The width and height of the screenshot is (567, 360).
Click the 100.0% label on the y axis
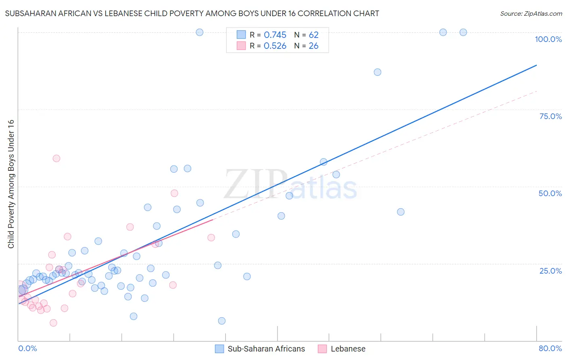pos(548,39)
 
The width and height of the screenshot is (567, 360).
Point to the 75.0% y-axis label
pos(550,116)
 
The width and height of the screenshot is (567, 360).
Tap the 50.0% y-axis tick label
pos(550,193)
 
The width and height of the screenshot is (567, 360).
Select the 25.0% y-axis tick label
pos(550,270)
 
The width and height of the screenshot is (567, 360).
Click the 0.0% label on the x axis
pos(27,348)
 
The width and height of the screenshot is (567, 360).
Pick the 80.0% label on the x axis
pos(550,348)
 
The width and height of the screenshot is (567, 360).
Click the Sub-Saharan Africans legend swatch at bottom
pos(219,349)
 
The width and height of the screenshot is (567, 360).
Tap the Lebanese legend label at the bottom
pos(348,349)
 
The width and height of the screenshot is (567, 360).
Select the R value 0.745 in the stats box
pos(275,35)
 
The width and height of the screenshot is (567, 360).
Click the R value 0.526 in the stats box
pos(275,46)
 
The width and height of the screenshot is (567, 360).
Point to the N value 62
pos(314,35)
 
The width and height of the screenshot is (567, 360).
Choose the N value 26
pos(314,46)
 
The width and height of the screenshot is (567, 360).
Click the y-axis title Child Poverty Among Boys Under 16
pos(11,184)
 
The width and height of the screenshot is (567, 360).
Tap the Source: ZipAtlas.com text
pos(531,14)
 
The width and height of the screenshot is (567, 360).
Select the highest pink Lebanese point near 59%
pos(56,159)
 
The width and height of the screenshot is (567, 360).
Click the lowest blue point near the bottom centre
pos(222,321)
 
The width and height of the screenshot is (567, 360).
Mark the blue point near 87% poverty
pos(377,72)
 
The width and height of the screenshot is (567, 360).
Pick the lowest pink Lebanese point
pos(53,323)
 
